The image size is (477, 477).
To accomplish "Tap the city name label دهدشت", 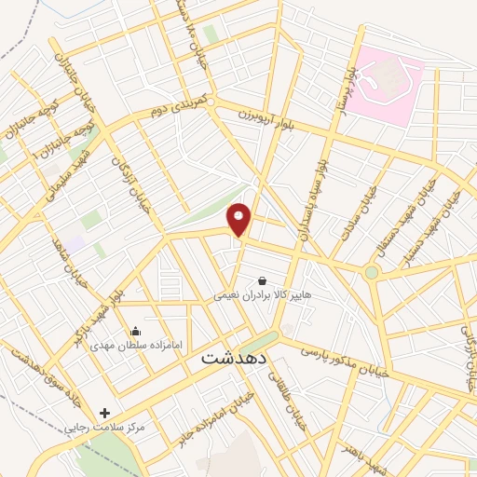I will tap(234, 357).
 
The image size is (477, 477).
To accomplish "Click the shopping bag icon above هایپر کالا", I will tap(262, 279).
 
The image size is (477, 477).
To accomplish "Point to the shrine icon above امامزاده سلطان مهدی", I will tap(136, 330).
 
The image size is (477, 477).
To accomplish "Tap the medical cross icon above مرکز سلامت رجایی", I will tap(104, 412).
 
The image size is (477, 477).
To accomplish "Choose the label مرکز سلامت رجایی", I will tap(111, 427).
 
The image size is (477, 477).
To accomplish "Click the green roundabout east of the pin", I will tap(372, 272).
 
